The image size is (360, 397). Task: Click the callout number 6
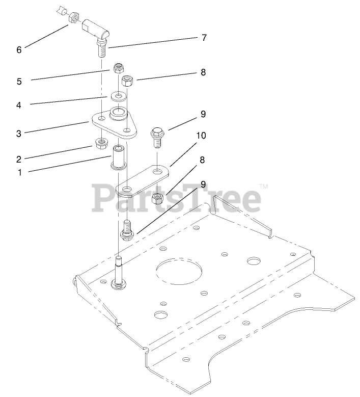19,49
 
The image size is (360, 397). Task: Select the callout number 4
19,105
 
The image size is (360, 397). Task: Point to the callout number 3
19,134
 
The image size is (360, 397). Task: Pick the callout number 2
19,160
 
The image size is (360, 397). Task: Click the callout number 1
19,172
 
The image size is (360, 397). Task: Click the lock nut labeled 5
119,68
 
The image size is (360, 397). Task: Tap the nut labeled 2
102,143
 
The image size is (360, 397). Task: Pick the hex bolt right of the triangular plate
157,137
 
